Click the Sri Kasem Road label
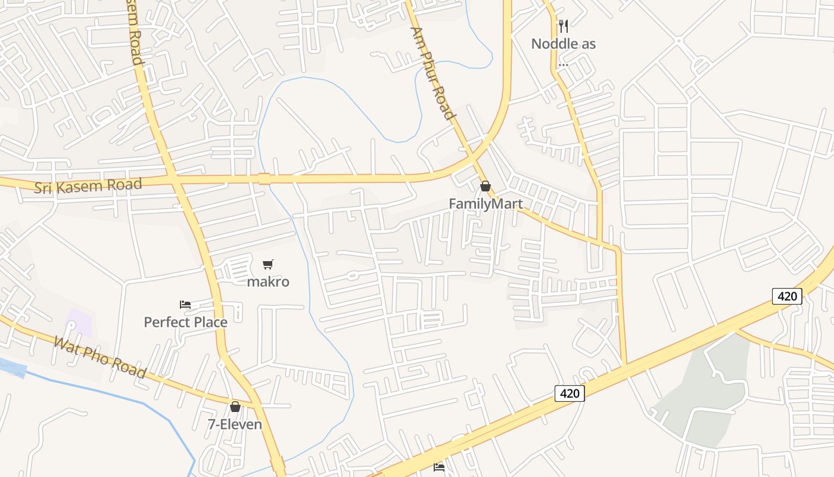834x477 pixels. click(88, 186)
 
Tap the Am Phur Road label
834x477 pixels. click(434, 73)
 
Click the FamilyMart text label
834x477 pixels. click(486, 204)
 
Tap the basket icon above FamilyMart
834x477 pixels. click(486, 186)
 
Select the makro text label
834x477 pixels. click(268, 281)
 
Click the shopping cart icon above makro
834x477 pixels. click(268, 264)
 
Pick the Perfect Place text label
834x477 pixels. click(185, 323)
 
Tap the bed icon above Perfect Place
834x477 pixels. click(185, 305)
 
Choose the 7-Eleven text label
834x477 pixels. click(235, 425)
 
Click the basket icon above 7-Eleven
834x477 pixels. click(235, 407)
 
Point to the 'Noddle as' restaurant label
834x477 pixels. click(563, 44)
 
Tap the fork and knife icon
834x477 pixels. click(563, 26)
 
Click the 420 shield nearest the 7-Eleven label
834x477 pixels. click(570, 394)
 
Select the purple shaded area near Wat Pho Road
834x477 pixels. click(79, 322)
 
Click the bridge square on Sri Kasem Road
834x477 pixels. click(264, 178)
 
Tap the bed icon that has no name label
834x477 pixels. click(439, 467)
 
